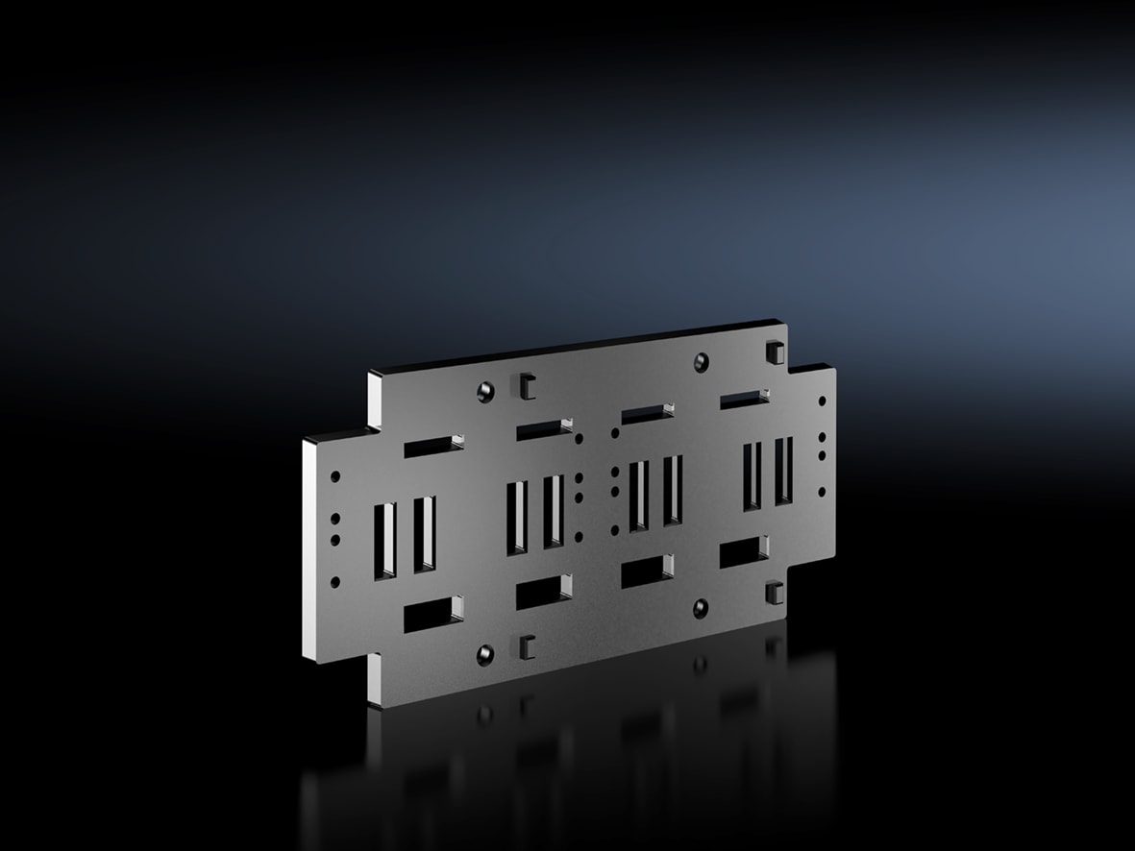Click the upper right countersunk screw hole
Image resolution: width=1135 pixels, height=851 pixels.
pos(702,361)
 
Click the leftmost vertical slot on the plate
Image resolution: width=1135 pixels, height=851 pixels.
pos(386,538)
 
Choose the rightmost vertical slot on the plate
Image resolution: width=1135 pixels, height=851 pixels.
pos(784,472)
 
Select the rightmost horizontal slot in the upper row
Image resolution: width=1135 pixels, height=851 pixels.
pos(743,399)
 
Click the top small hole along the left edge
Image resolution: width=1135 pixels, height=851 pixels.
pos(334,476)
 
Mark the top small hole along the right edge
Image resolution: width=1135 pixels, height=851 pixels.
pos(822,402)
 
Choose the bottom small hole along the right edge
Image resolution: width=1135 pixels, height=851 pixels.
pos(822,491)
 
